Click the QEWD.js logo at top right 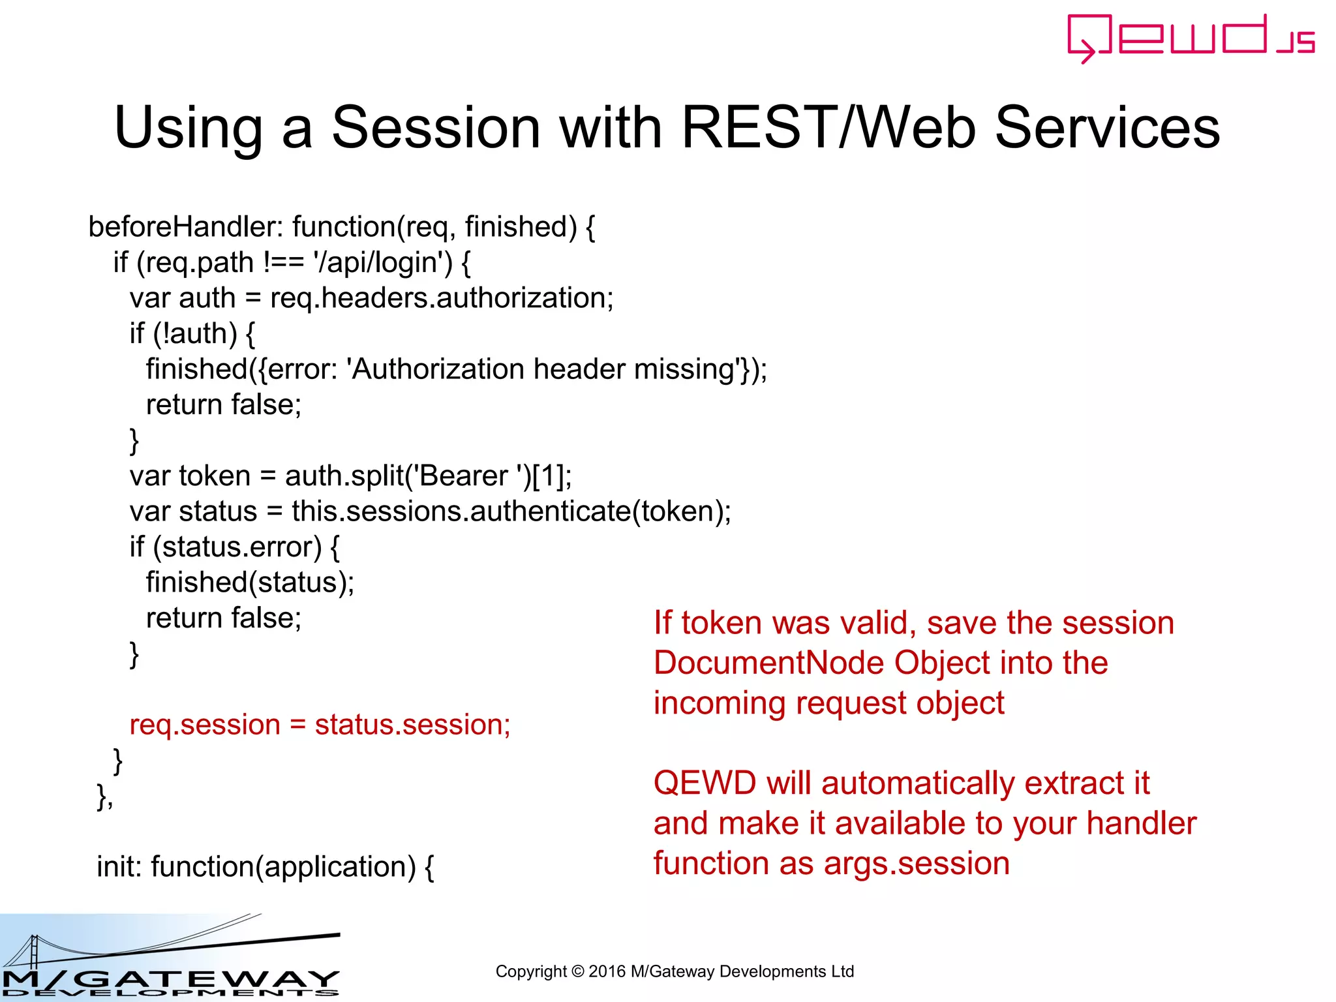click(x=1190, y=38)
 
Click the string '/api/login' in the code click(x=382, y=262)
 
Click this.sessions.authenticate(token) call click(x=511, y=511)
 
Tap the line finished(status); click(x=250, y=583)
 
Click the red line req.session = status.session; click(x=320, y=725)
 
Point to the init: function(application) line click(x=265, y=867)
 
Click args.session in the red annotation click(x=917, y=864)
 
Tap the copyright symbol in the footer click(x=577, y=971)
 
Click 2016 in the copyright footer click(x=607, y=971)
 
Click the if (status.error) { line click(x=234, y=547)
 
